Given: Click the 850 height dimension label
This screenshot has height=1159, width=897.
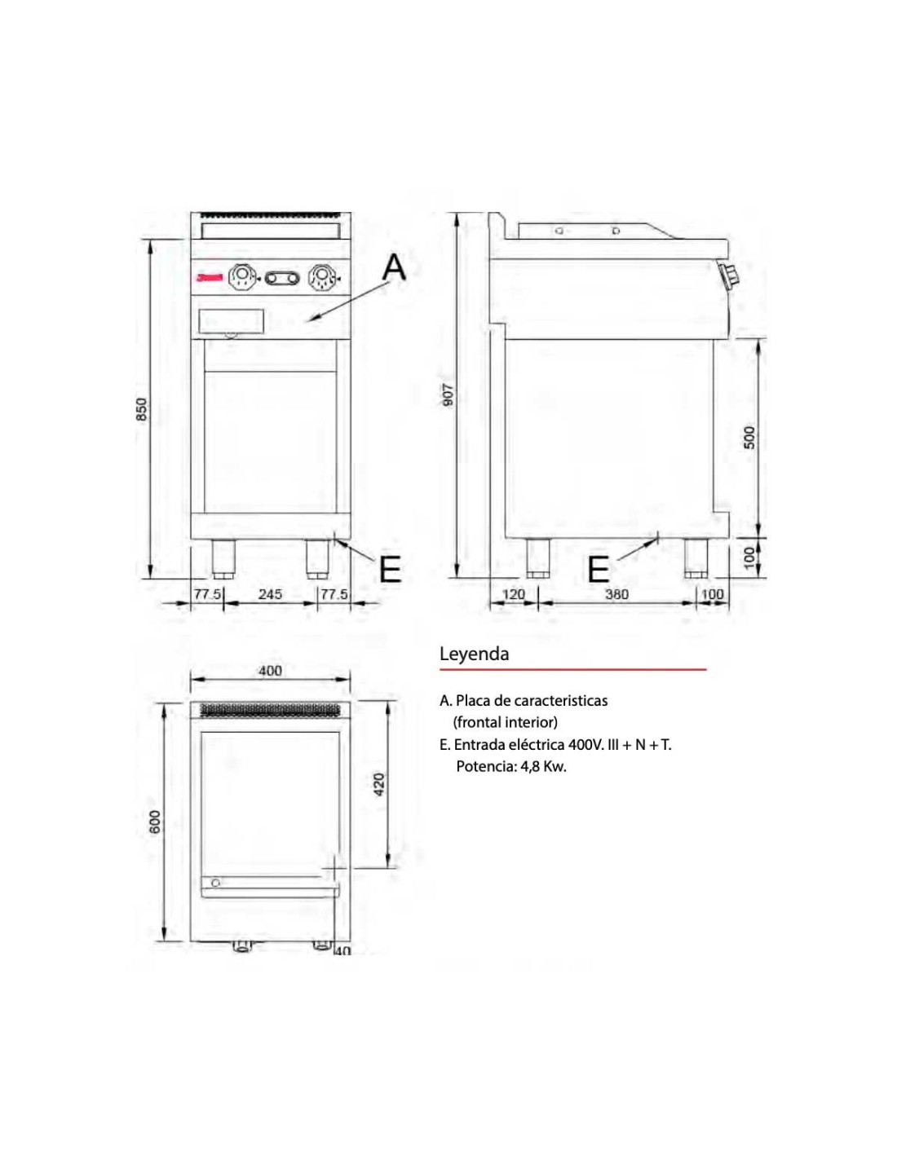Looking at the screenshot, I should pos(141,409).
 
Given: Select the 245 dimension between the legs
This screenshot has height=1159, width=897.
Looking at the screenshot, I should pos(270,594).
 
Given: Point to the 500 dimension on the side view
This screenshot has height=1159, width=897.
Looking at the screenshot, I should pos(750,436).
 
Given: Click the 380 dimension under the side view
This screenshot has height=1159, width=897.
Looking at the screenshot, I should pos(617,594).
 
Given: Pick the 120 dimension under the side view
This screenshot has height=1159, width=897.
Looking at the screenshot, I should pos(514,594).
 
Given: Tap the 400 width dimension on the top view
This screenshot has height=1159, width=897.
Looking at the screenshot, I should pos(270,671).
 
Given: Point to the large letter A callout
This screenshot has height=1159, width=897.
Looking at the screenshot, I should pos(394,267).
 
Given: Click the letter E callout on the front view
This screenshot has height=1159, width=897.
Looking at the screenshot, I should pos(391,570).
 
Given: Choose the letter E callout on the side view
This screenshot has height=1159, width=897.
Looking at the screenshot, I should pos(599,570).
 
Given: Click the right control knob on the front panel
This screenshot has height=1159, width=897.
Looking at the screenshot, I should pos(320,279).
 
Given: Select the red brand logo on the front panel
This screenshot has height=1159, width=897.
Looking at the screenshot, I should pos(208,279).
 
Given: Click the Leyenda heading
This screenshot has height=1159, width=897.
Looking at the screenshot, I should pos(474,654).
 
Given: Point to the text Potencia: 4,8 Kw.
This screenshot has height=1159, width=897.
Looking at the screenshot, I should pos(510,766).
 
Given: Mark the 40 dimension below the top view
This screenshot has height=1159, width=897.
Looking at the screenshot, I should pos(342,950).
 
